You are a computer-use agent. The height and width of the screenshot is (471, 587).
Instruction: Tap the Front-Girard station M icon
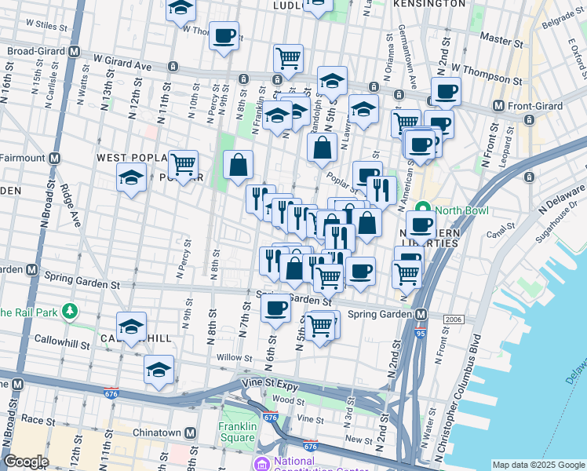point(498,106)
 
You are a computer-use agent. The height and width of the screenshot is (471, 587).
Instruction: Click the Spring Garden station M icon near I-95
point(421,315)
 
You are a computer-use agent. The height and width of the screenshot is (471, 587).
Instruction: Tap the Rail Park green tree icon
point(70,312)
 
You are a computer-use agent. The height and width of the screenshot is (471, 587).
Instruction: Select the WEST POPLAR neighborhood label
point(129,158)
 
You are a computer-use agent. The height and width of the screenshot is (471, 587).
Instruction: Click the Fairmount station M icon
point(54,158)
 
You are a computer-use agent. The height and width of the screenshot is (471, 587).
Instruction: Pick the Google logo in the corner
point(26,462)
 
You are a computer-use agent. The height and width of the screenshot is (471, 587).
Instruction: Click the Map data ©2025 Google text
point(538,465)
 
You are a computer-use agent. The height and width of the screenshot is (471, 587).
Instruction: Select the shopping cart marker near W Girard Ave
point(288,57)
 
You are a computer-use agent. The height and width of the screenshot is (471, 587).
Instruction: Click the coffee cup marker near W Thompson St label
point(446,90)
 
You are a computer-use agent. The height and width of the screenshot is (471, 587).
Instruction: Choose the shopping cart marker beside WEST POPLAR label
point(183,165)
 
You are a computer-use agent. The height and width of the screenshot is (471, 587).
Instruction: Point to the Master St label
point(501,38)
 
